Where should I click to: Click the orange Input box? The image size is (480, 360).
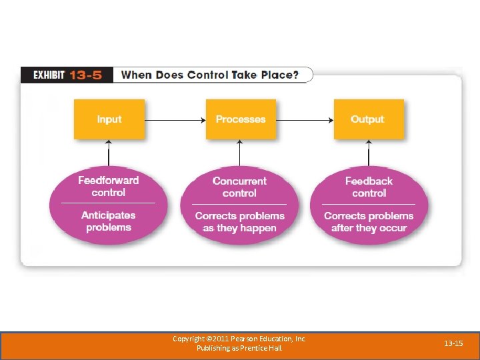[x=109, y=119]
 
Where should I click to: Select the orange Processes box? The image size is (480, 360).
[x=240, y=119]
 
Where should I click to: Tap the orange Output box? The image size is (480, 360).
[x=368, y=119]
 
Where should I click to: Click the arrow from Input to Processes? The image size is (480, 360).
[x=175, y=120]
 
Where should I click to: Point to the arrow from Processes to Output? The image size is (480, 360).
[x=303, y=120]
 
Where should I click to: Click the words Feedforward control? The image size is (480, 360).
[x=109, y=186]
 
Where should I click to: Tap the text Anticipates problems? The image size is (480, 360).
[x=109, y=221]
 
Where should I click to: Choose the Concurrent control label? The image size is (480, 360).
[x=239, y=187]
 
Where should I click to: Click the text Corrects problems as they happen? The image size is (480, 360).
[x=239, y=222]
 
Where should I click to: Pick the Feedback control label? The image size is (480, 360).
[x=369, y=187]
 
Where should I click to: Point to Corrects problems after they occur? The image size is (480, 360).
[x=369, y=222]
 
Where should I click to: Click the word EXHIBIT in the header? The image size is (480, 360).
[x=49, y=75]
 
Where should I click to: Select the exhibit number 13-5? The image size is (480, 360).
[x=86, y=75]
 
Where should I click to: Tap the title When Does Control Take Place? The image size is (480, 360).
[x=209, y=75]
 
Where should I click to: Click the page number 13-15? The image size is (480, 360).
[x=453, y=343]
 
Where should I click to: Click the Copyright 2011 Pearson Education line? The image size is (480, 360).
[x=239, y=339]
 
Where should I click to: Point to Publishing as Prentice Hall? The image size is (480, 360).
[x=239, y=348]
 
